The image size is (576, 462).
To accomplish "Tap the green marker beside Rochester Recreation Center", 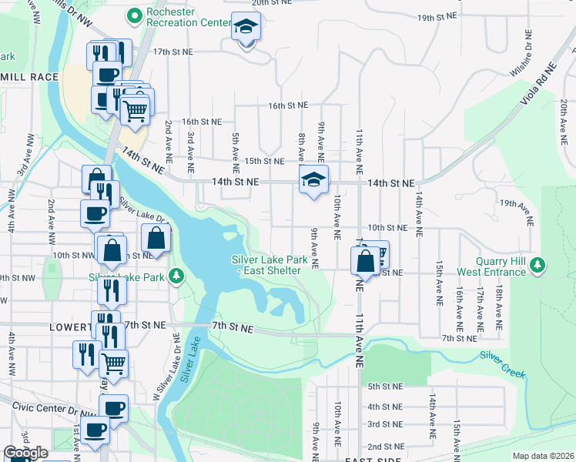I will [x=135, y=15].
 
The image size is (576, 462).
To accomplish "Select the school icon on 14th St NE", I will [x=313, y=180].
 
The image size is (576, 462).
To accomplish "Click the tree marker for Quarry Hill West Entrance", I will [x=537, y=266].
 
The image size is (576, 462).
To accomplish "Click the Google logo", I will [x=25, y=453].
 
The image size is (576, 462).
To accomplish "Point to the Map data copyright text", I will [x=543, y=456].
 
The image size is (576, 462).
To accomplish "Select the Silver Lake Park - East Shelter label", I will [x=270, y=265].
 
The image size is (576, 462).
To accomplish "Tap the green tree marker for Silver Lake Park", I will [x=176, y=275].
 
